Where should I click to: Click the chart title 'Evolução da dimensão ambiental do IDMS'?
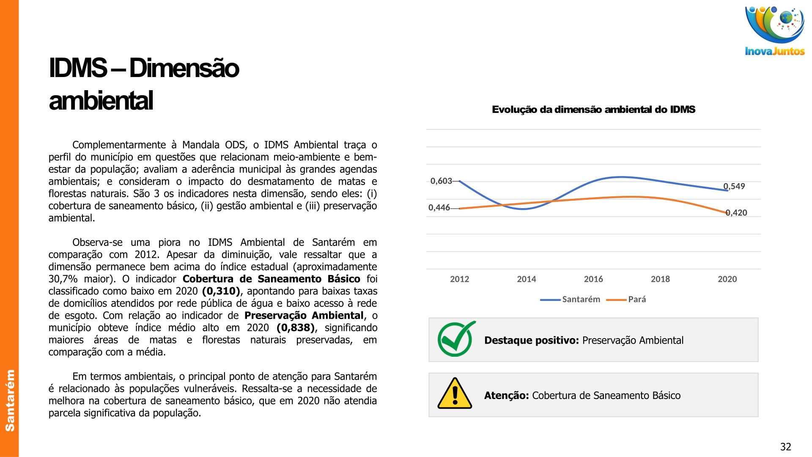click(x=593, y=110)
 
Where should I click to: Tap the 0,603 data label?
click(x=441, y=181)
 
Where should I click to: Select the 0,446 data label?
click(x=439, y=208)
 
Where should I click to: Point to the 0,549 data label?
click(x=734, y=186)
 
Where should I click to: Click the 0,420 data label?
click(x=736, y=213)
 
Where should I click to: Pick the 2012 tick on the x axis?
click(x=459, y=279)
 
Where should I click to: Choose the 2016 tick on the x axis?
click(x=593, y=279)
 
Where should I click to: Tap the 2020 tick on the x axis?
click(x=727, y=279)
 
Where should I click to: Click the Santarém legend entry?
click(x=581, y=300)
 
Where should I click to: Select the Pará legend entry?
click(x=636, y=300)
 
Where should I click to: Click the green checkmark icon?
click(x=456, y=339)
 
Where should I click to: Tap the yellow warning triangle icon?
click(x=455, y=394)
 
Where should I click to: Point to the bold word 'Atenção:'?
click(x=506, y=396)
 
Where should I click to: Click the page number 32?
click(x=785, y=447)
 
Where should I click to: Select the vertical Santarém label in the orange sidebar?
click(x=10, y=400)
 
